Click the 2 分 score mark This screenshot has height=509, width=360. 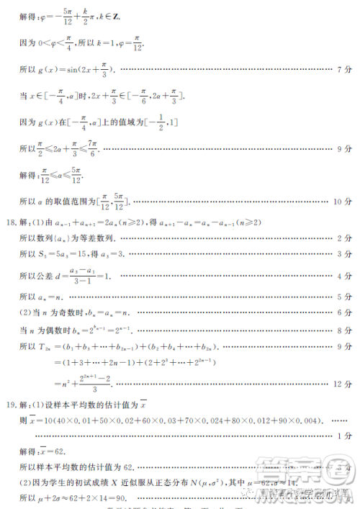click(x=343, y=238)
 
